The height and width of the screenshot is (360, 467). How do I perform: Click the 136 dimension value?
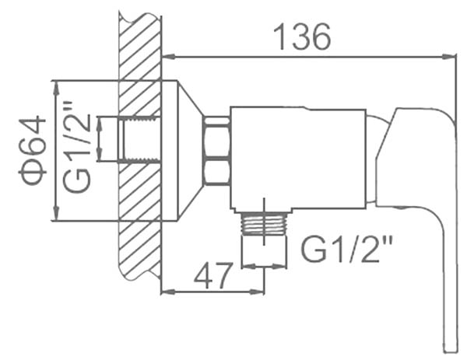tap(302, 37)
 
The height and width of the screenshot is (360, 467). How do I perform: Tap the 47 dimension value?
tap(212, 275)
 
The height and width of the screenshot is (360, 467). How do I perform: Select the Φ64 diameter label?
tap(32, 151)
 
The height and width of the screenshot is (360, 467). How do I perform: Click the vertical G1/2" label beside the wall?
tap(76, 148)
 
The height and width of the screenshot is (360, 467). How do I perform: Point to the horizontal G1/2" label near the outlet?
tap(347, 249)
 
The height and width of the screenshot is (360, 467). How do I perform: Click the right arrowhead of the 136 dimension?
tap(448, 57)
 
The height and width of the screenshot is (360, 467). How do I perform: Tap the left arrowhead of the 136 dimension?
tap(169, 56)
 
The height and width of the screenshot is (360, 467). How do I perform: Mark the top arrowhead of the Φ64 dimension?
tap(56, 88)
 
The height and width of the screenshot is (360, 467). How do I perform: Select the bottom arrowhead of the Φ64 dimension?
tap(56, 214)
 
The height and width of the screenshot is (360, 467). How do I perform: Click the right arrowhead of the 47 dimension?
tap(257, 292)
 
